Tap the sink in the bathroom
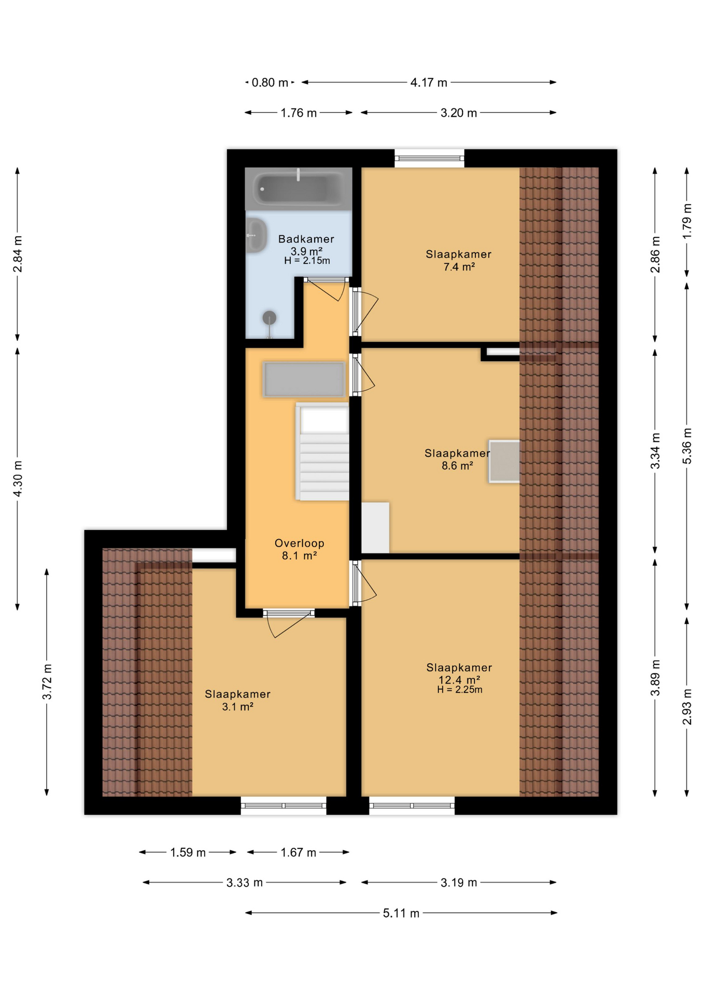click(256, 235)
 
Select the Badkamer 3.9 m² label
click(306, 245)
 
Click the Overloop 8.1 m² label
click(299, 549)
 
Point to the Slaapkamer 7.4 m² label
click(458, 260)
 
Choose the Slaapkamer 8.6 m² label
click(457, 459)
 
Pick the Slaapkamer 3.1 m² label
click(237, 700)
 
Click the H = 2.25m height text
click(459, 690)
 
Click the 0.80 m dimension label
click(270, 83)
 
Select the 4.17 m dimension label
click(428, 83)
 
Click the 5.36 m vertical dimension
click(687, 446)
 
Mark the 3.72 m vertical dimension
click(47, 681)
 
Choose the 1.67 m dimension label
click(298, 852)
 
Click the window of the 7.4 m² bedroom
click(429, 158)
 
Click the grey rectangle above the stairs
click(304, 379)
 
